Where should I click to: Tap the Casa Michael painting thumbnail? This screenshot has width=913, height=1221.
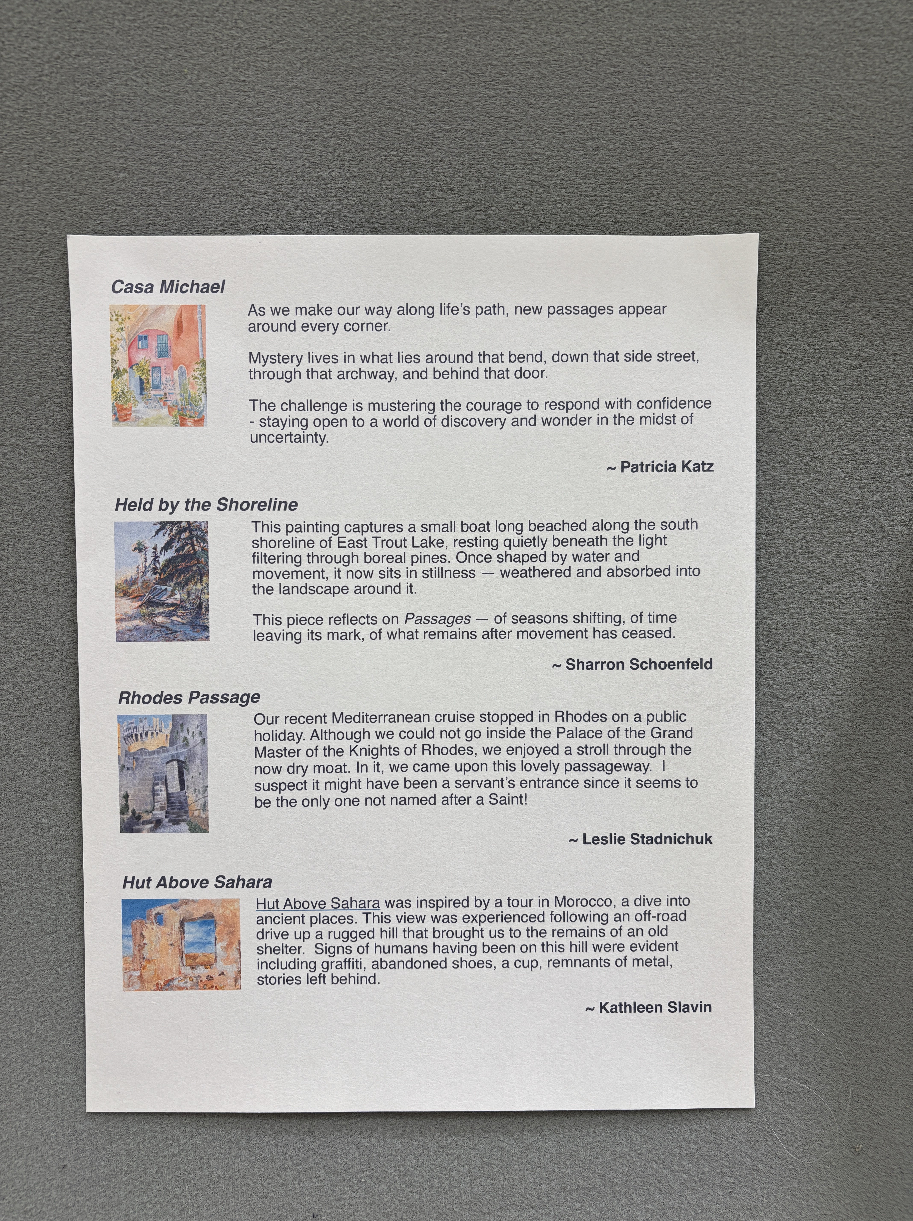[158, 365]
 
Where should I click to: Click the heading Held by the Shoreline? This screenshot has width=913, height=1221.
[206, 504]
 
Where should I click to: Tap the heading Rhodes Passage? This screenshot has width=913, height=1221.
[189, 698]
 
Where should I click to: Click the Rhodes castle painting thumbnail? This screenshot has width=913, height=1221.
[163, 773]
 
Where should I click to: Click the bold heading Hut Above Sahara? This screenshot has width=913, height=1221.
[197, 882]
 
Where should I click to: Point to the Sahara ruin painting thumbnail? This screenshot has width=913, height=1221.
[181, 944]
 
